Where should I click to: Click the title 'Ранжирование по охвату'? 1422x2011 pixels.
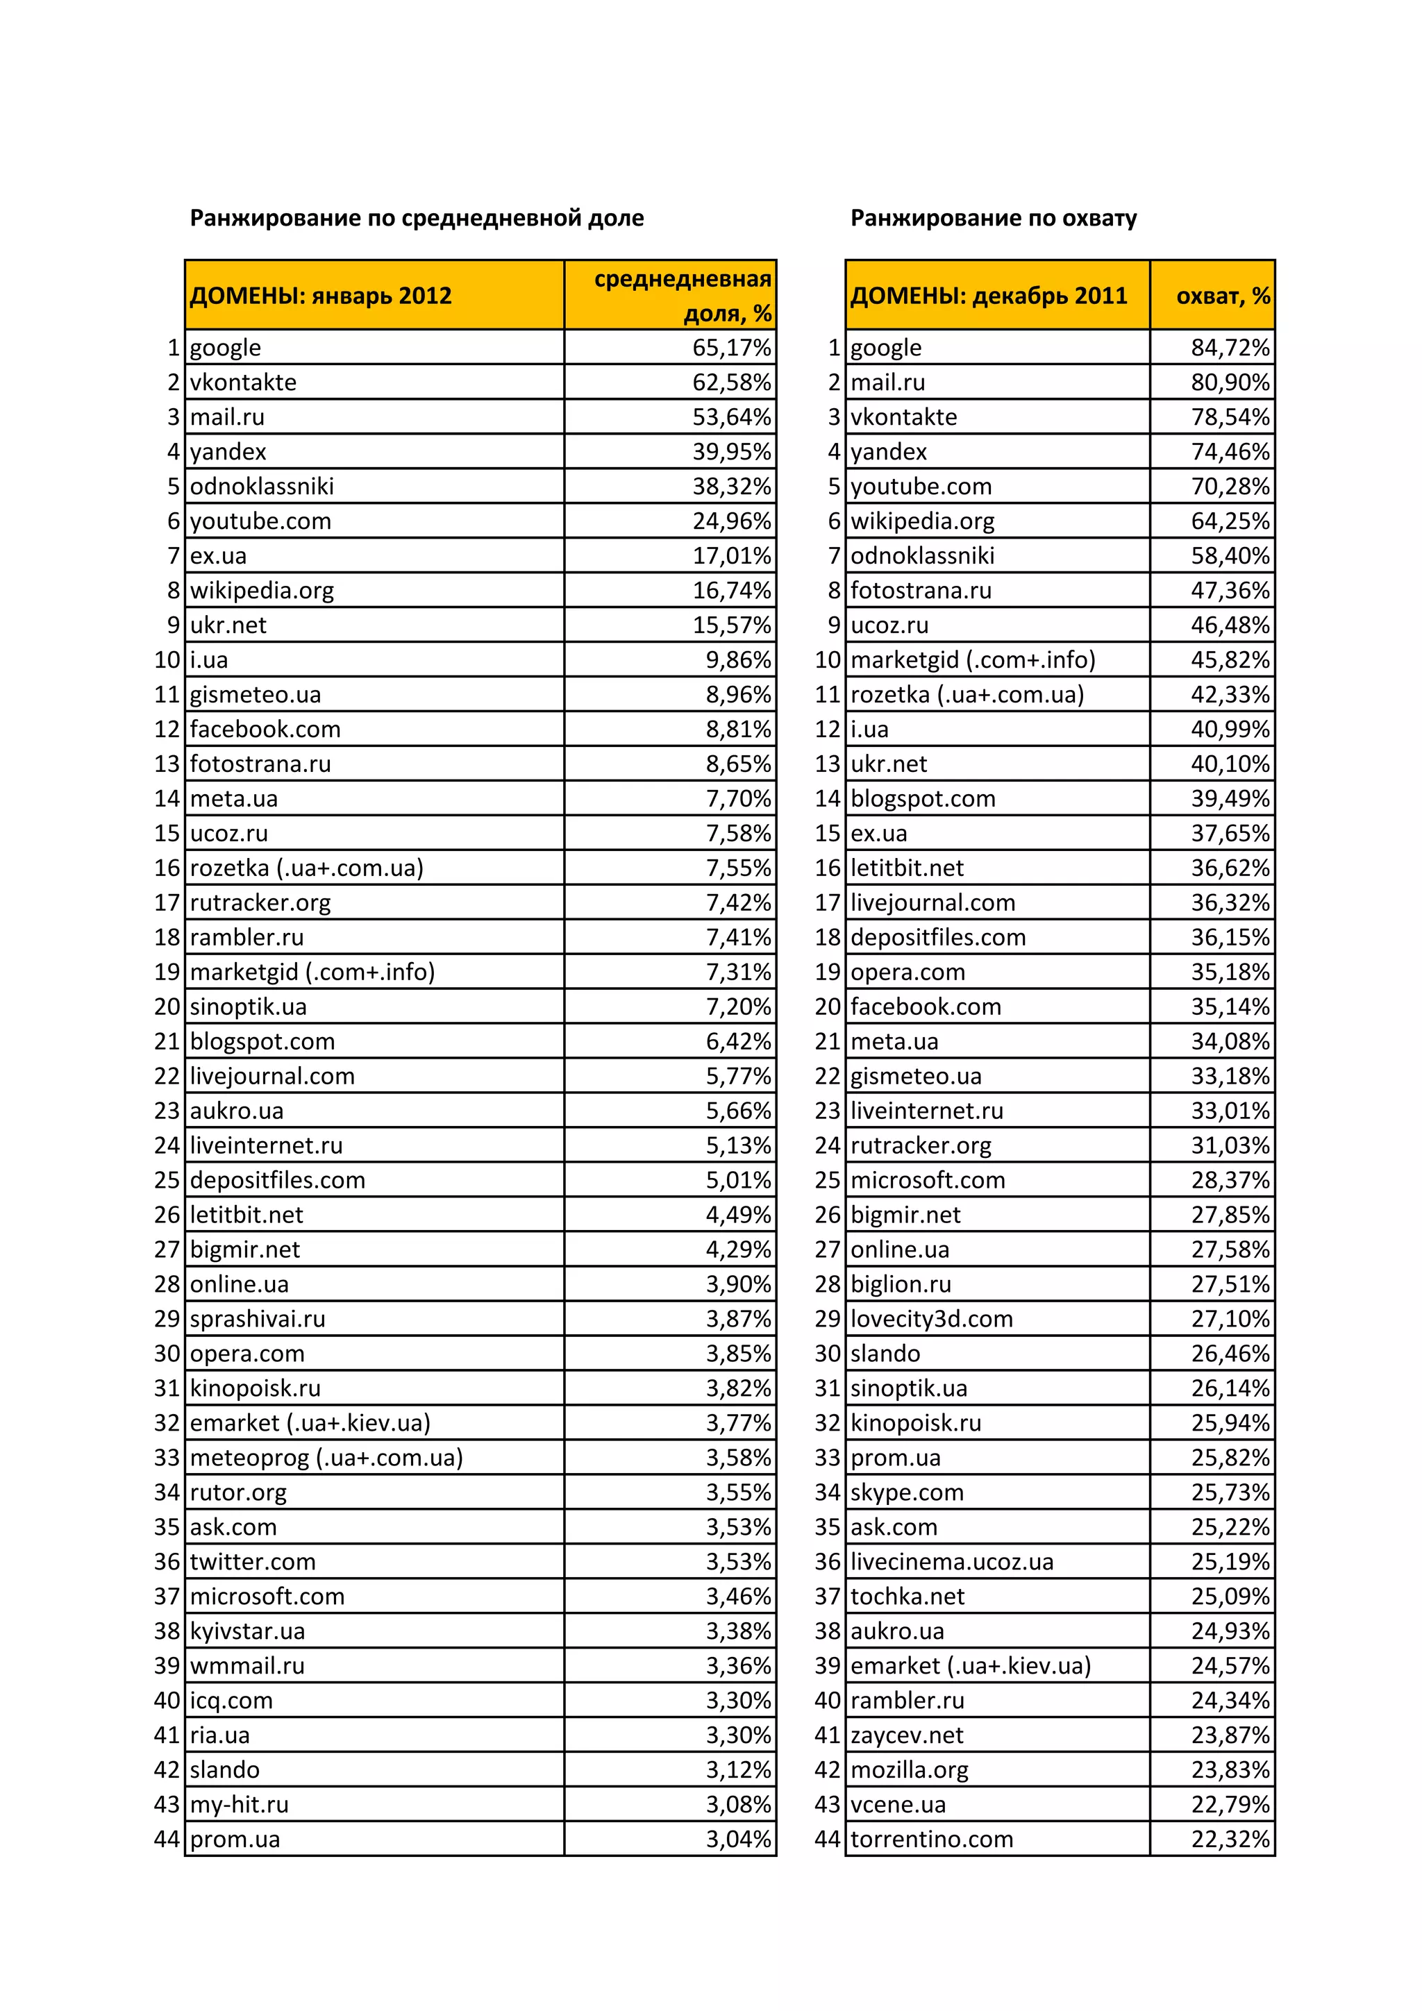(x=993, y=218)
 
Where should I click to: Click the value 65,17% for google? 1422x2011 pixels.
(x=732, y=348)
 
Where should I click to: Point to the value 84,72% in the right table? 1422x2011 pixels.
(x=1229, y=348)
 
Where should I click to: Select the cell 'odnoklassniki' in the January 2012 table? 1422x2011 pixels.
(x=262, y=486)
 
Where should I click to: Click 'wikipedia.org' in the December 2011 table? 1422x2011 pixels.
(x=923, y=521)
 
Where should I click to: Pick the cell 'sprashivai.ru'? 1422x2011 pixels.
(x=258, y=1318)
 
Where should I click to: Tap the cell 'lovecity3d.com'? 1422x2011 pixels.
(x=931, y=1318)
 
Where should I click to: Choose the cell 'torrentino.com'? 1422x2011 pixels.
(x=931, y=1838)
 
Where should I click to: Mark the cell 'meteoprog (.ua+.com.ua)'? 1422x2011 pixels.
(x=326, y=1458)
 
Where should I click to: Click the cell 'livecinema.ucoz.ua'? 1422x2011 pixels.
(x=951, y=1562)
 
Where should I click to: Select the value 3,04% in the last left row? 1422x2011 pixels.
(x=739, y=1838)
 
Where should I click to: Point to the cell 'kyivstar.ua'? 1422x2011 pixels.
(x=247, y=1631)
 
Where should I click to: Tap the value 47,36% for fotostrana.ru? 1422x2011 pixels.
(x=1229, y=590)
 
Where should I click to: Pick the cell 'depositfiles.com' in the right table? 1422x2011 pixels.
(x=937, y=937)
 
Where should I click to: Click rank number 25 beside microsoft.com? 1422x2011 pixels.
(x=827, y=1180)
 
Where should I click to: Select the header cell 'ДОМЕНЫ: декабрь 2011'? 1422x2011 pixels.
(x=988, y=296)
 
